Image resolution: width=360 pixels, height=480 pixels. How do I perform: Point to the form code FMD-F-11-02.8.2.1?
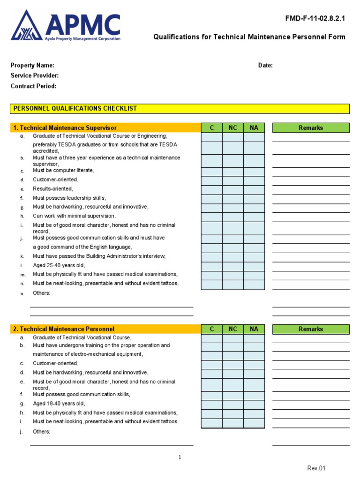[x=315, y=19]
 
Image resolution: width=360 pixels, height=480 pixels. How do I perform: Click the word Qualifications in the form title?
[x=177, y=37]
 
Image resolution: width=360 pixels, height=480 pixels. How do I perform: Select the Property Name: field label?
[x=32, y=66]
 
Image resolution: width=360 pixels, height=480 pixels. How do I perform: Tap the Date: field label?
[x=265, y=66]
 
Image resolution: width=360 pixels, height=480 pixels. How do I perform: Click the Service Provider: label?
[x=35, y=75]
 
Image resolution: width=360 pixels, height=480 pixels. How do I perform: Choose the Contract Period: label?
[x=33, y=86]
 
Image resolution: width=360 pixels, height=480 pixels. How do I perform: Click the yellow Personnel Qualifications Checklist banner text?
[x=75, y=108]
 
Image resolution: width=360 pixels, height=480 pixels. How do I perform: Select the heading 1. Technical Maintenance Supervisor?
[x=65, y=128]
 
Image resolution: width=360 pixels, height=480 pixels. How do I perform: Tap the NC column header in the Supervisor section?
[x=233, y=128]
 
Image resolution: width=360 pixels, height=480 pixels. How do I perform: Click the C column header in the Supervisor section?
[x=212, y=128]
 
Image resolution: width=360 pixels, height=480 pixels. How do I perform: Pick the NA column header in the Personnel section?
[x=254, y=329]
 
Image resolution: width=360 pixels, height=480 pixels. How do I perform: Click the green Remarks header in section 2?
[x=311, y=329]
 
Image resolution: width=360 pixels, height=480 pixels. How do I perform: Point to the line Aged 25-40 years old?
[x=59, y=265]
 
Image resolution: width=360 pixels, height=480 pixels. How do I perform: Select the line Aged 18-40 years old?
[x=59, y=404]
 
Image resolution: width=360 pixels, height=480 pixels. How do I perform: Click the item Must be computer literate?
[x=63, y=171]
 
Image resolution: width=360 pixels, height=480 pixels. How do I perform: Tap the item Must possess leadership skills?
[x=69, y=198]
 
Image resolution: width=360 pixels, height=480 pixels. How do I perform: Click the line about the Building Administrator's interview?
[x=99, y=256]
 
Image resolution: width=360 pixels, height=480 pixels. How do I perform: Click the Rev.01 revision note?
[x=316, y=468]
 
